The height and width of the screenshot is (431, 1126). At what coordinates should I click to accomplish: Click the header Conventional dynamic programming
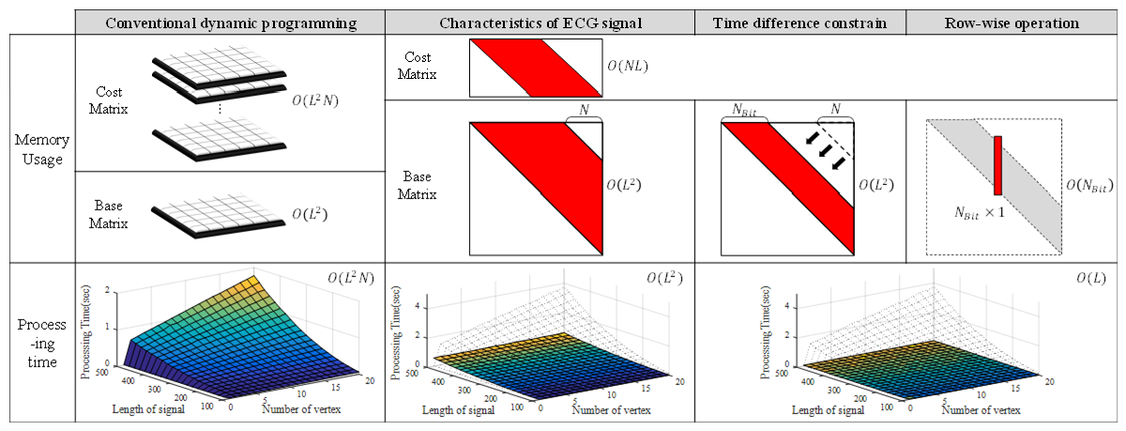point(229,22)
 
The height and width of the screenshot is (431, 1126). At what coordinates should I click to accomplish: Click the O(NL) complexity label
point(627,68)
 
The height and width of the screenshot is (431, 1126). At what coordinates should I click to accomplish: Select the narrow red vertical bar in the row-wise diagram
point(997,165)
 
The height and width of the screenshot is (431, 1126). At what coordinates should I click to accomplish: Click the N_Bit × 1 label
point(969,214)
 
